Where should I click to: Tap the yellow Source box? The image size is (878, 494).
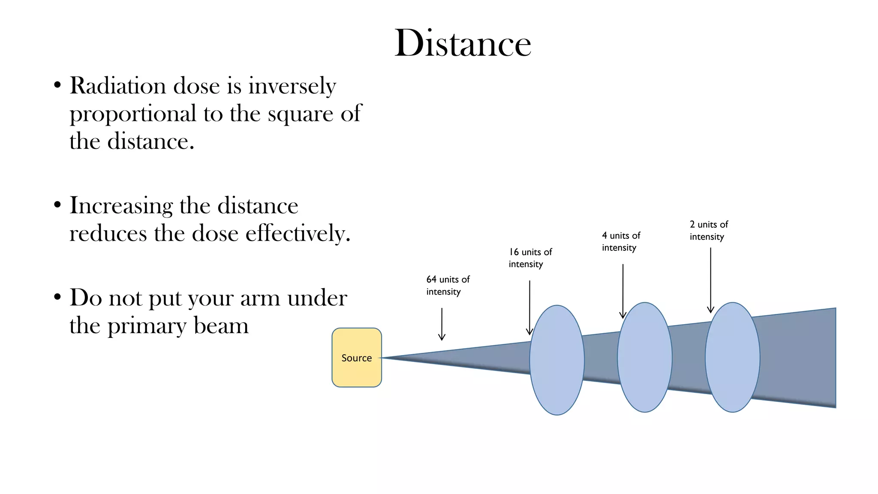[x=357, y=358]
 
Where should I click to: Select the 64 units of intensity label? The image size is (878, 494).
[x=448, y=286]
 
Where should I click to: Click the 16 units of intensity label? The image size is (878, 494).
[x=530, y=258]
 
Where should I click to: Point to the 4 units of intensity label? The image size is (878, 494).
[x=621, y=241]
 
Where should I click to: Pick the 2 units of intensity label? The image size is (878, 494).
[x=709, y=230]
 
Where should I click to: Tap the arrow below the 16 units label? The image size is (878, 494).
[x=530, y=308]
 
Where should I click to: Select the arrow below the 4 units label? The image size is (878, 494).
[x=623, y=291]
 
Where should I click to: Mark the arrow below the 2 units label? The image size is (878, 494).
[x=711, y=280]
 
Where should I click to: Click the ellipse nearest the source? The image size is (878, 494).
[x=557, y=360]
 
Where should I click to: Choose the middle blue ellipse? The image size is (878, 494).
[x=645, y=357]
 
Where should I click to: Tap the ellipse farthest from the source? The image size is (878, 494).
[x=733, y=357]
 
